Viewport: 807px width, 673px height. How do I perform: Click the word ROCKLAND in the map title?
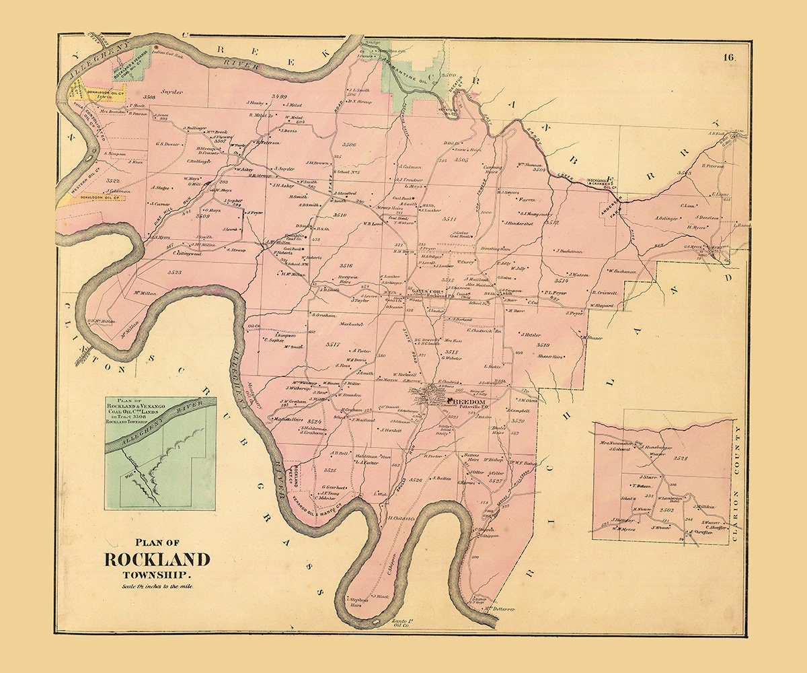point(156,559)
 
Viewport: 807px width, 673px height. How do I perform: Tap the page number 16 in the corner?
point(729,58)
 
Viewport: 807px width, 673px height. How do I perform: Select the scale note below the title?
point(157,587)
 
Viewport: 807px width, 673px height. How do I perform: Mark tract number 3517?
point(333,345)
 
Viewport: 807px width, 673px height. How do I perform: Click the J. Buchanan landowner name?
point(568,251)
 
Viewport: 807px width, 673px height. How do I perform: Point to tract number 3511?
point(449,220)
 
